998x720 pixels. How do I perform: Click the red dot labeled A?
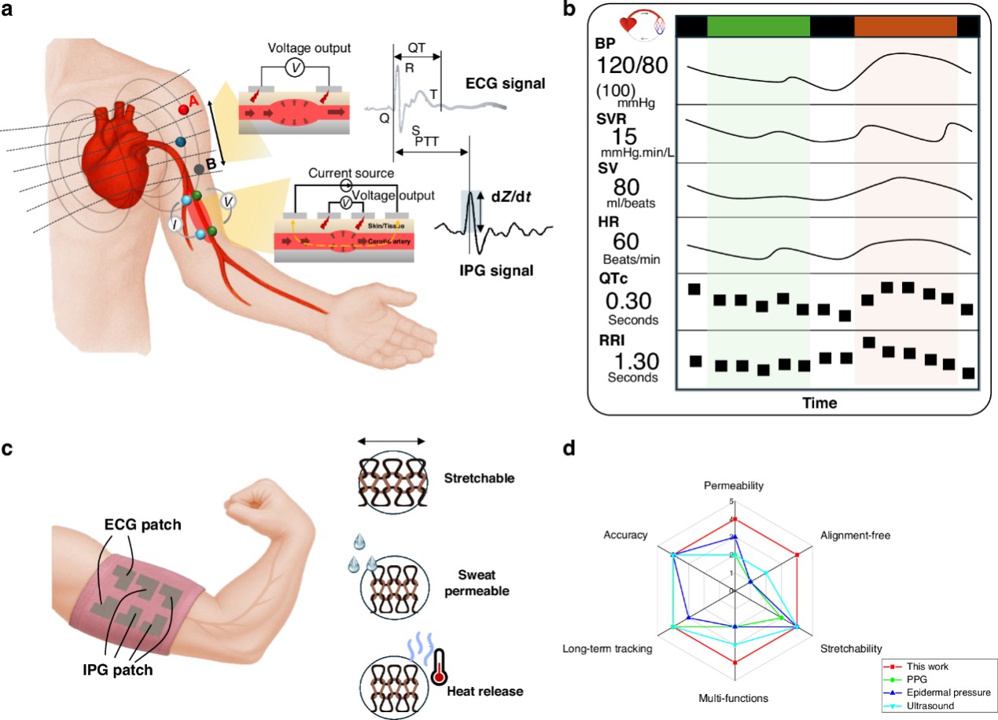[182, 108]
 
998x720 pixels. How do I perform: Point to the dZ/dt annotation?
[514, 199]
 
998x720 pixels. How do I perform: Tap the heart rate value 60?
[625, 244]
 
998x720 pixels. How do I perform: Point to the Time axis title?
[819, 403]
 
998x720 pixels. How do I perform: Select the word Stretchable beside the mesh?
[479, 477]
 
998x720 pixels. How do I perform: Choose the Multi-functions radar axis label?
[734, 697]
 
